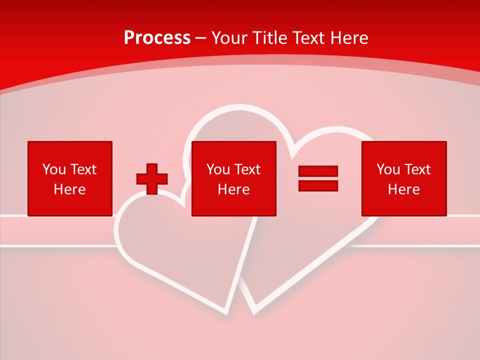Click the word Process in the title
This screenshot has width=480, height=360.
tap(157, 38)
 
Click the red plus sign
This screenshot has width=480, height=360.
tap(152, 179)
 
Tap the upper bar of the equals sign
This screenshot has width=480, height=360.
tap(318, 171)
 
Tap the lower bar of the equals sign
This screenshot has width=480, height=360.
tap(318, 185)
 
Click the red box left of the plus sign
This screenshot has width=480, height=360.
tap(70, 178)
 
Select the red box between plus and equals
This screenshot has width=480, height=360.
tap(234, 178)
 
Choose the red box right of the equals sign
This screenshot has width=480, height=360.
tap(404, 178)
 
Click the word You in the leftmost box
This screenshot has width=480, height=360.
tap(54, 169)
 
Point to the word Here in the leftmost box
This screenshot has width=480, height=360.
tap(70, 189)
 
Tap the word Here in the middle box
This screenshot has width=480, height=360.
tap(234, 189)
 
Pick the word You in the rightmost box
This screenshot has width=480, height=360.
tap(388, 169)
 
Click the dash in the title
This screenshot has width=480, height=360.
tap(201, 38)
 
